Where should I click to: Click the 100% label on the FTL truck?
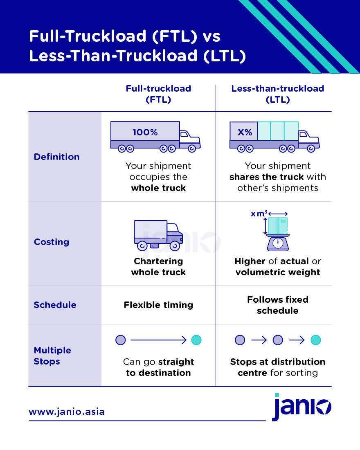tap(145, 133)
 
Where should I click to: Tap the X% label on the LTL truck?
tap(245, 133)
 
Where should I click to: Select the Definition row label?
tap(56, 157)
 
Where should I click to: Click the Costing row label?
tap(51, 242)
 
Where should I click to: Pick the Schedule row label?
tap(55, 305)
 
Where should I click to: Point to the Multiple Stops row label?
tap(52, 356)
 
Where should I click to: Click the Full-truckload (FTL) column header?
tap(158, 94)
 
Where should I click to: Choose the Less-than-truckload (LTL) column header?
tap(278, 94)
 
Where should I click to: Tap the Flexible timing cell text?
tap(158, 305)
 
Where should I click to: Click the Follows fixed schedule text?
tap(278, 305)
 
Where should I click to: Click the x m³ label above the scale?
tap(259, 214)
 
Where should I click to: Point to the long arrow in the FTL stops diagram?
tap(158, 340)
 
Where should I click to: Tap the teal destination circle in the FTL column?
tap(196, 340)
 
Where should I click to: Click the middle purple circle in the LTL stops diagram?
tap(278, 340)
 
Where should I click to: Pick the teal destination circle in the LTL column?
tap(315, 340)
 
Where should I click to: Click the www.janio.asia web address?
tap(67, 412)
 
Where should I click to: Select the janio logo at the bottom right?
tap(302, 407)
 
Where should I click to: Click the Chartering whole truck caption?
tap(158, 266)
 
